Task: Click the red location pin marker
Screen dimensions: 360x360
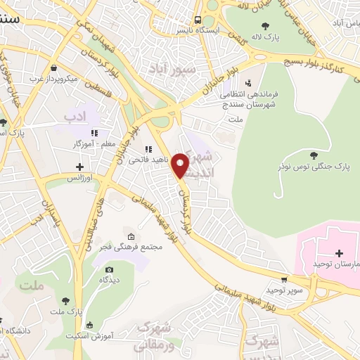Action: click(x=181, y=165)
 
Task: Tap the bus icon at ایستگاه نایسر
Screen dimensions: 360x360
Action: click(x=199, y=20)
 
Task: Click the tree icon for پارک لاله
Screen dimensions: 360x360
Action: click(x=264, y=26)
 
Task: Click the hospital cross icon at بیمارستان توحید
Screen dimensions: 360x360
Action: click(x=339, y=252)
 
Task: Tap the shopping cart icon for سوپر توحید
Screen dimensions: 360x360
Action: click(x=284, y=279)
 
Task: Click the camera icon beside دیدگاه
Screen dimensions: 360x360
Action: click(x=109, y=269)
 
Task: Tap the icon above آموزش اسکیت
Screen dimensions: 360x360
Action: click(x=88, y=324)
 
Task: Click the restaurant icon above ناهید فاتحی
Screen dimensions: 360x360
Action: click(x=148, y=149)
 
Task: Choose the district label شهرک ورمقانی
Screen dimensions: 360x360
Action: click(x=154, y=338)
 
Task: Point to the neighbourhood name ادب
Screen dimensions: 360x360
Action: click(x=73, y=114)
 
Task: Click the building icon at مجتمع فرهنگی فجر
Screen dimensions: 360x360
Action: click(x=131, y=235)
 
